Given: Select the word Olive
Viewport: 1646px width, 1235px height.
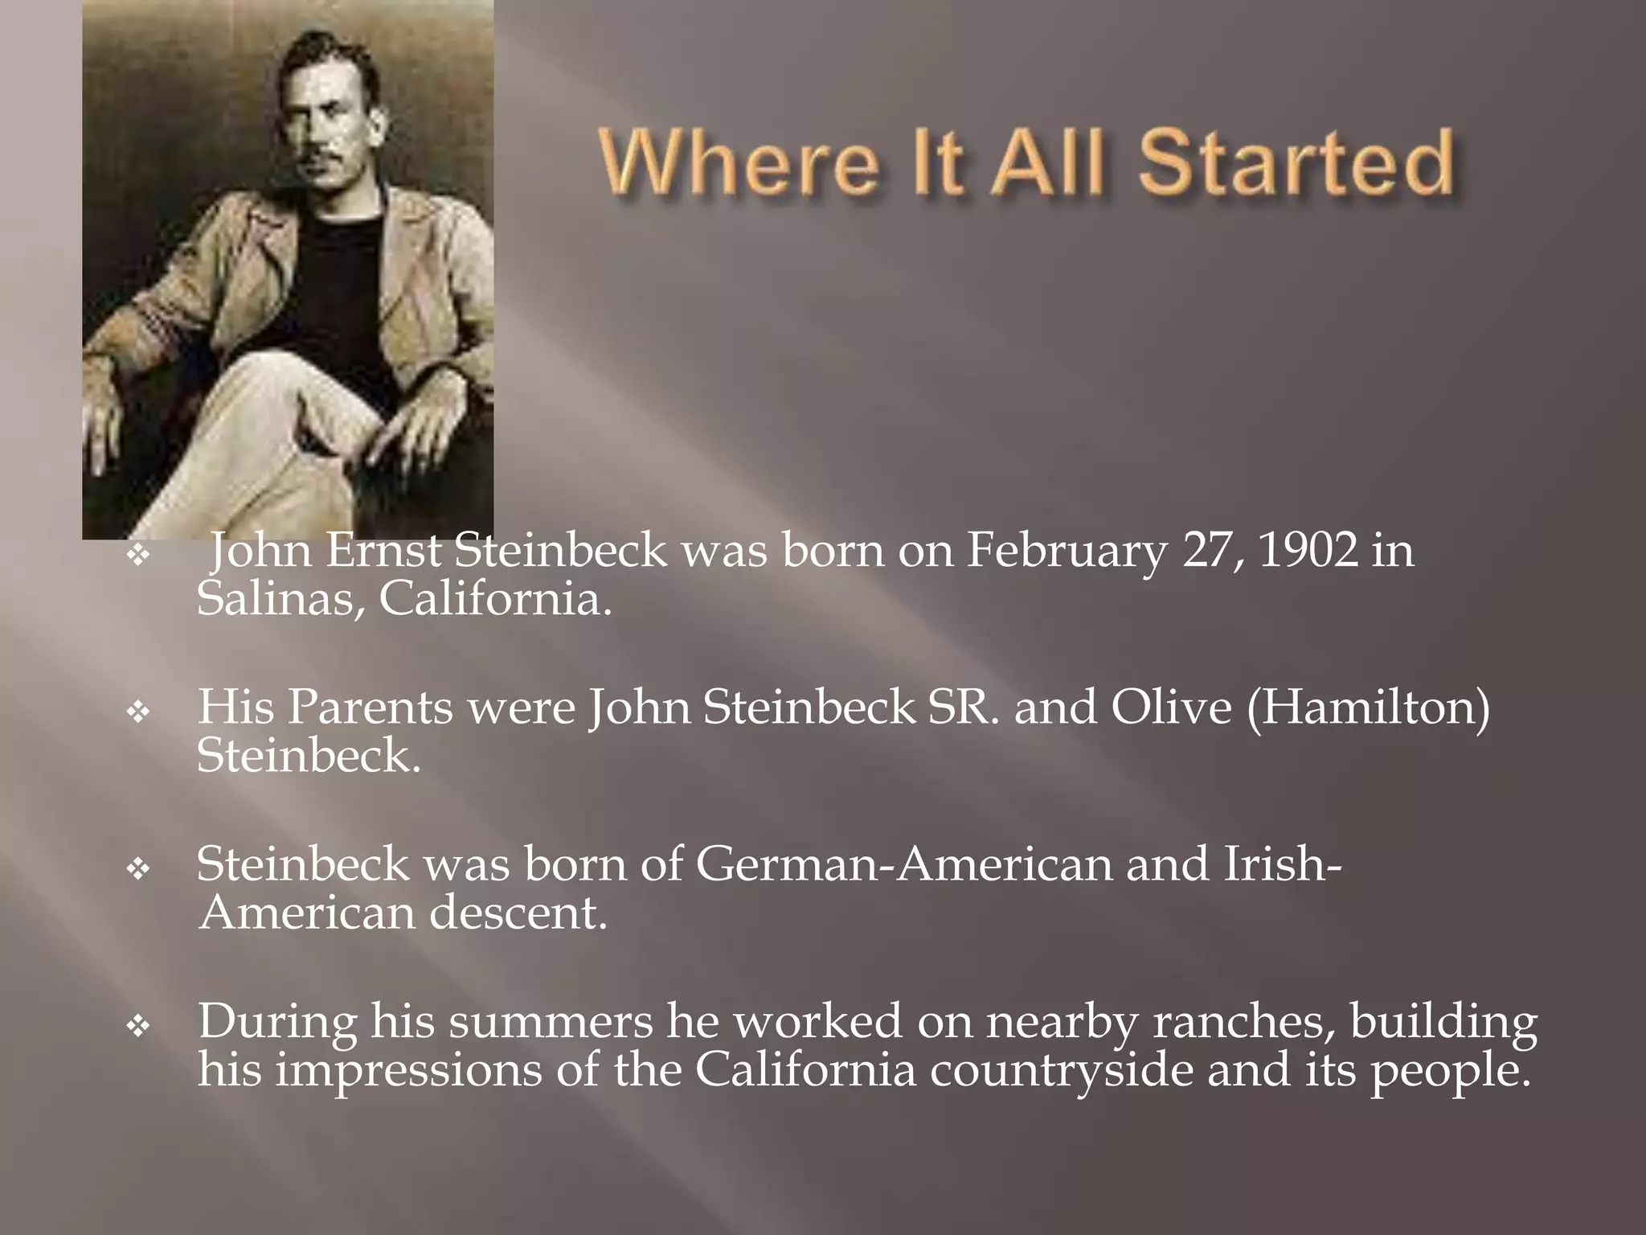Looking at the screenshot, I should (1172, 708).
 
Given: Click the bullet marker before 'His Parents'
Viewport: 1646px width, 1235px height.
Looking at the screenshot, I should (139, 712).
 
